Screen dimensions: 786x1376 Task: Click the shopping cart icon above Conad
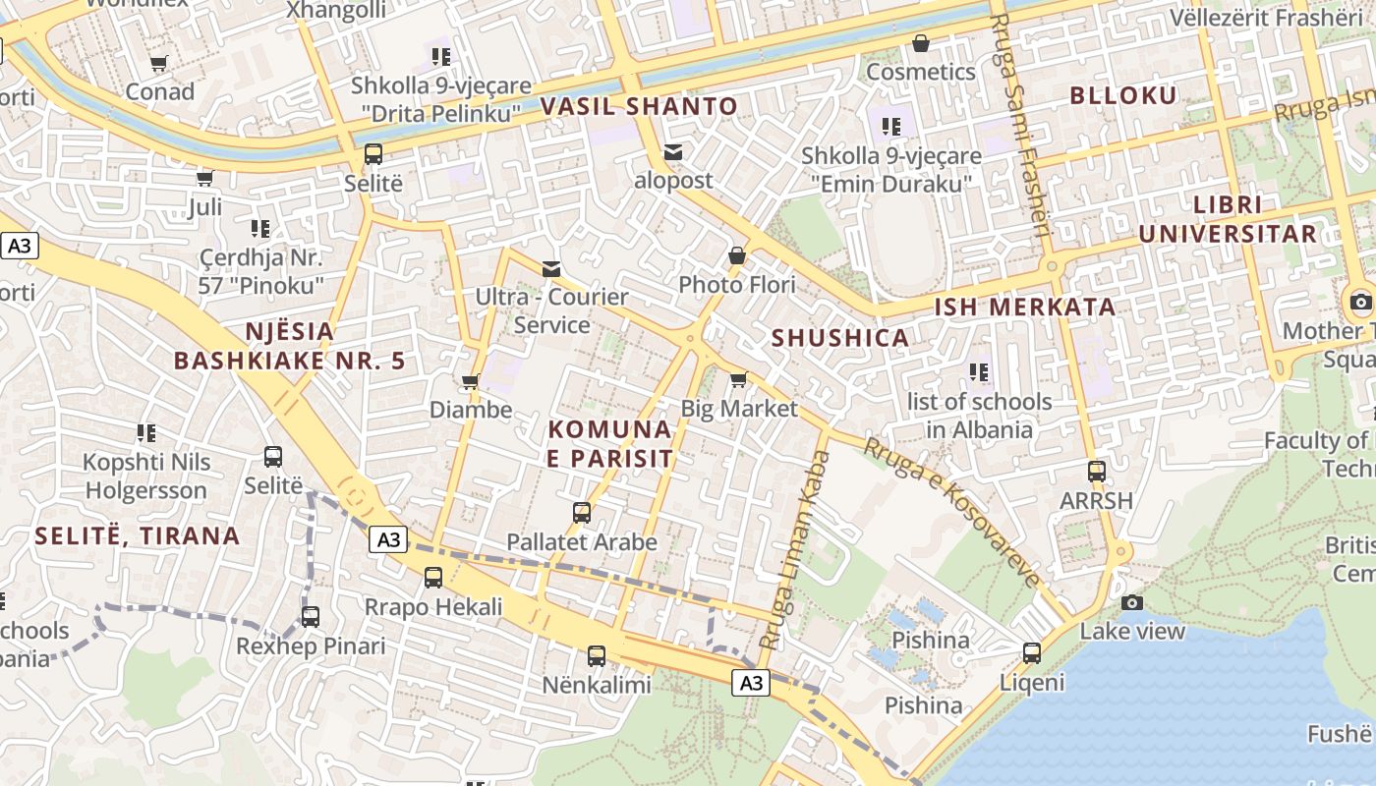(x=158, y=64)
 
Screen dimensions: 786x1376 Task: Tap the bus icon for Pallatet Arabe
(x=582, y=513)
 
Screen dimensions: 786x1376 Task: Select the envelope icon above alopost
(x=673, y=152)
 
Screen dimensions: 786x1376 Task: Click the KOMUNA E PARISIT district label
(x=610, y=444)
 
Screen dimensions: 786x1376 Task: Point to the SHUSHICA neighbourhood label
(x=840, y=338)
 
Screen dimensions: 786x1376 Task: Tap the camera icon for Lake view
(x=1132, y=602)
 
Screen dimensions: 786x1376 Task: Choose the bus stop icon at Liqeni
(x=1032, y=653)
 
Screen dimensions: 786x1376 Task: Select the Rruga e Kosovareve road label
(x=951, y=513)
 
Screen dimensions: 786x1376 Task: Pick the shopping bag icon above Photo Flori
(x=737, y=256)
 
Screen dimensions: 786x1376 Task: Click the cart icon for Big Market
(x=739, y=379)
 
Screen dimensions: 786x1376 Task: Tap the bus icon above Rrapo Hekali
(x=433, y=578)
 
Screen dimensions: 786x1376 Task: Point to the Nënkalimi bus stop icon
(x=597, y=656)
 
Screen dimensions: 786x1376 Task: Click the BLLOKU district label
(x=1122, y=95)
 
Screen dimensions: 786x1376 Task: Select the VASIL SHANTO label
(x=639, y=106)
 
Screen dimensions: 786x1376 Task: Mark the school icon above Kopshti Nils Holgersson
(x=146, y=433)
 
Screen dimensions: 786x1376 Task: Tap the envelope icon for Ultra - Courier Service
(x=551, y=268)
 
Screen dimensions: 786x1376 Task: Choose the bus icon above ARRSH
(x=1097, y=472)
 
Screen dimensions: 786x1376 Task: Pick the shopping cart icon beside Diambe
(x=471, y=381)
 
